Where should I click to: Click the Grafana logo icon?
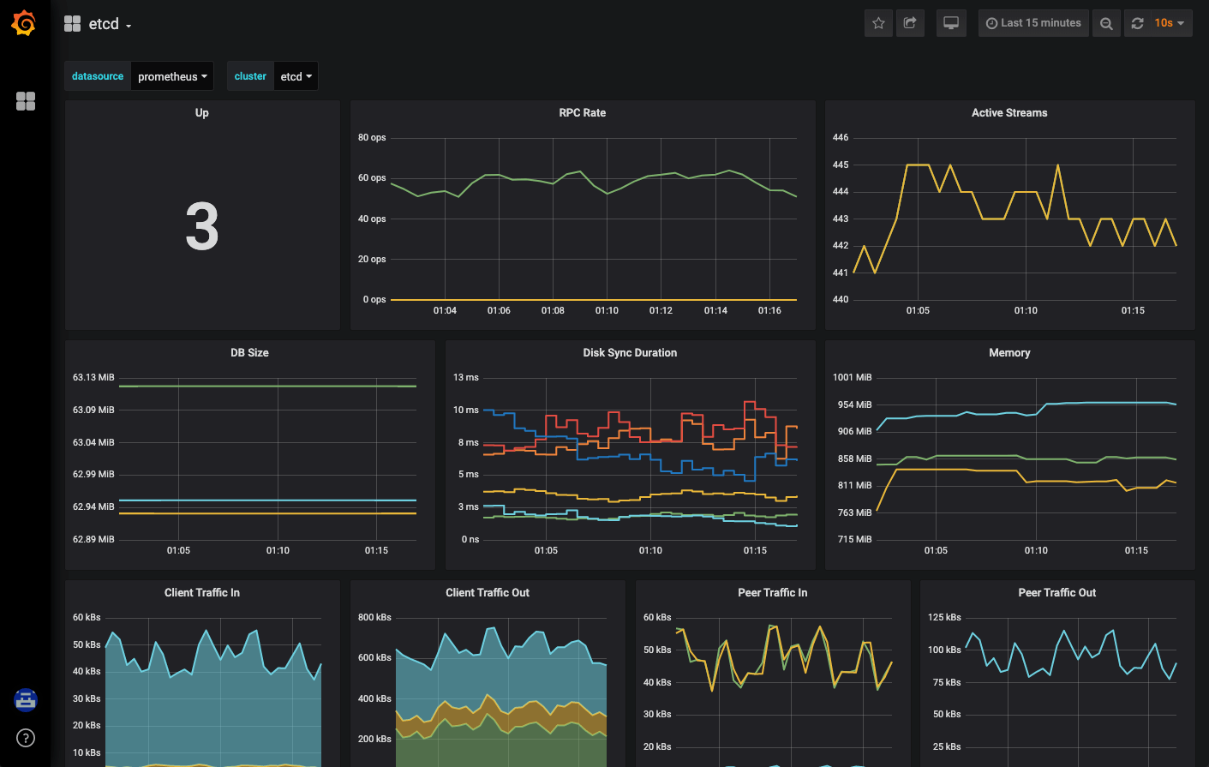pos(24,23)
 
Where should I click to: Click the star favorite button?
pos(878,23)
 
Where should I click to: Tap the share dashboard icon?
pos(910,23)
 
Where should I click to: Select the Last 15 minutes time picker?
pos(1033,23)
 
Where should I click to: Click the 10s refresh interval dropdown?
pos(1169,23)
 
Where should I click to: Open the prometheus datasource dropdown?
pos(172,76)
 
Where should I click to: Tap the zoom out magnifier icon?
pos(1106,23)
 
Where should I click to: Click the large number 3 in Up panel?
pos(202,227)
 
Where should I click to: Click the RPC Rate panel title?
pos(582,112)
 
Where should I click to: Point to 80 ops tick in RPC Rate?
pos(372,137)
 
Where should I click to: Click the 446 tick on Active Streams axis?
pos(841,137)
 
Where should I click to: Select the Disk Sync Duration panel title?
pos(630,352)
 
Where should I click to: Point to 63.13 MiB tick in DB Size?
pos(93,377)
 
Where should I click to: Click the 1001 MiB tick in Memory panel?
pos(852,377)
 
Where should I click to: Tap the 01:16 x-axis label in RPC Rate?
pos(769,310)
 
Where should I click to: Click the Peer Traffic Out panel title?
pos(1056,592)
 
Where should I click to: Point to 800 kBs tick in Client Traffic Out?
pos(374,617)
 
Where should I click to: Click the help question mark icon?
pos(26,738)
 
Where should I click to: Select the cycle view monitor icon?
pos(951,23)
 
